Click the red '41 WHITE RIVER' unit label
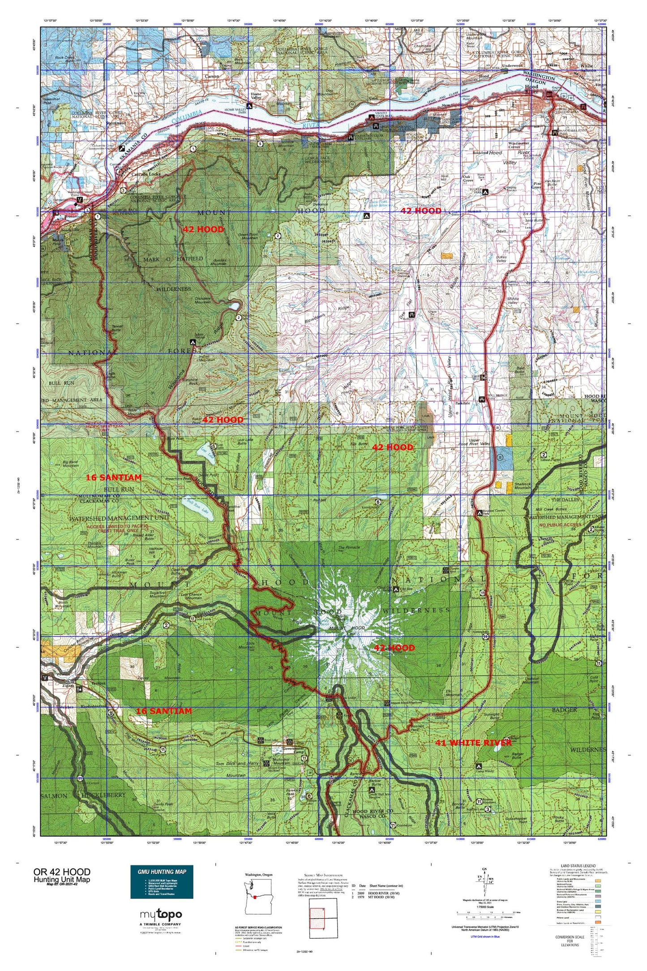tap(473, 743)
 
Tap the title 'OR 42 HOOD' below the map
tap(61, 872)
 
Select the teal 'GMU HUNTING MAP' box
tap(162, 881)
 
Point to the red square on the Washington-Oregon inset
tap(254, 897)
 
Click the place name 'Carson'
tap(212, 76)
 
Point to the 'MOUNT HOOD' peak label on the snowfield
tap(345, 628)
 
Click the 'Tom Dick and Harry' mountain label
tap(238, 763)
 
